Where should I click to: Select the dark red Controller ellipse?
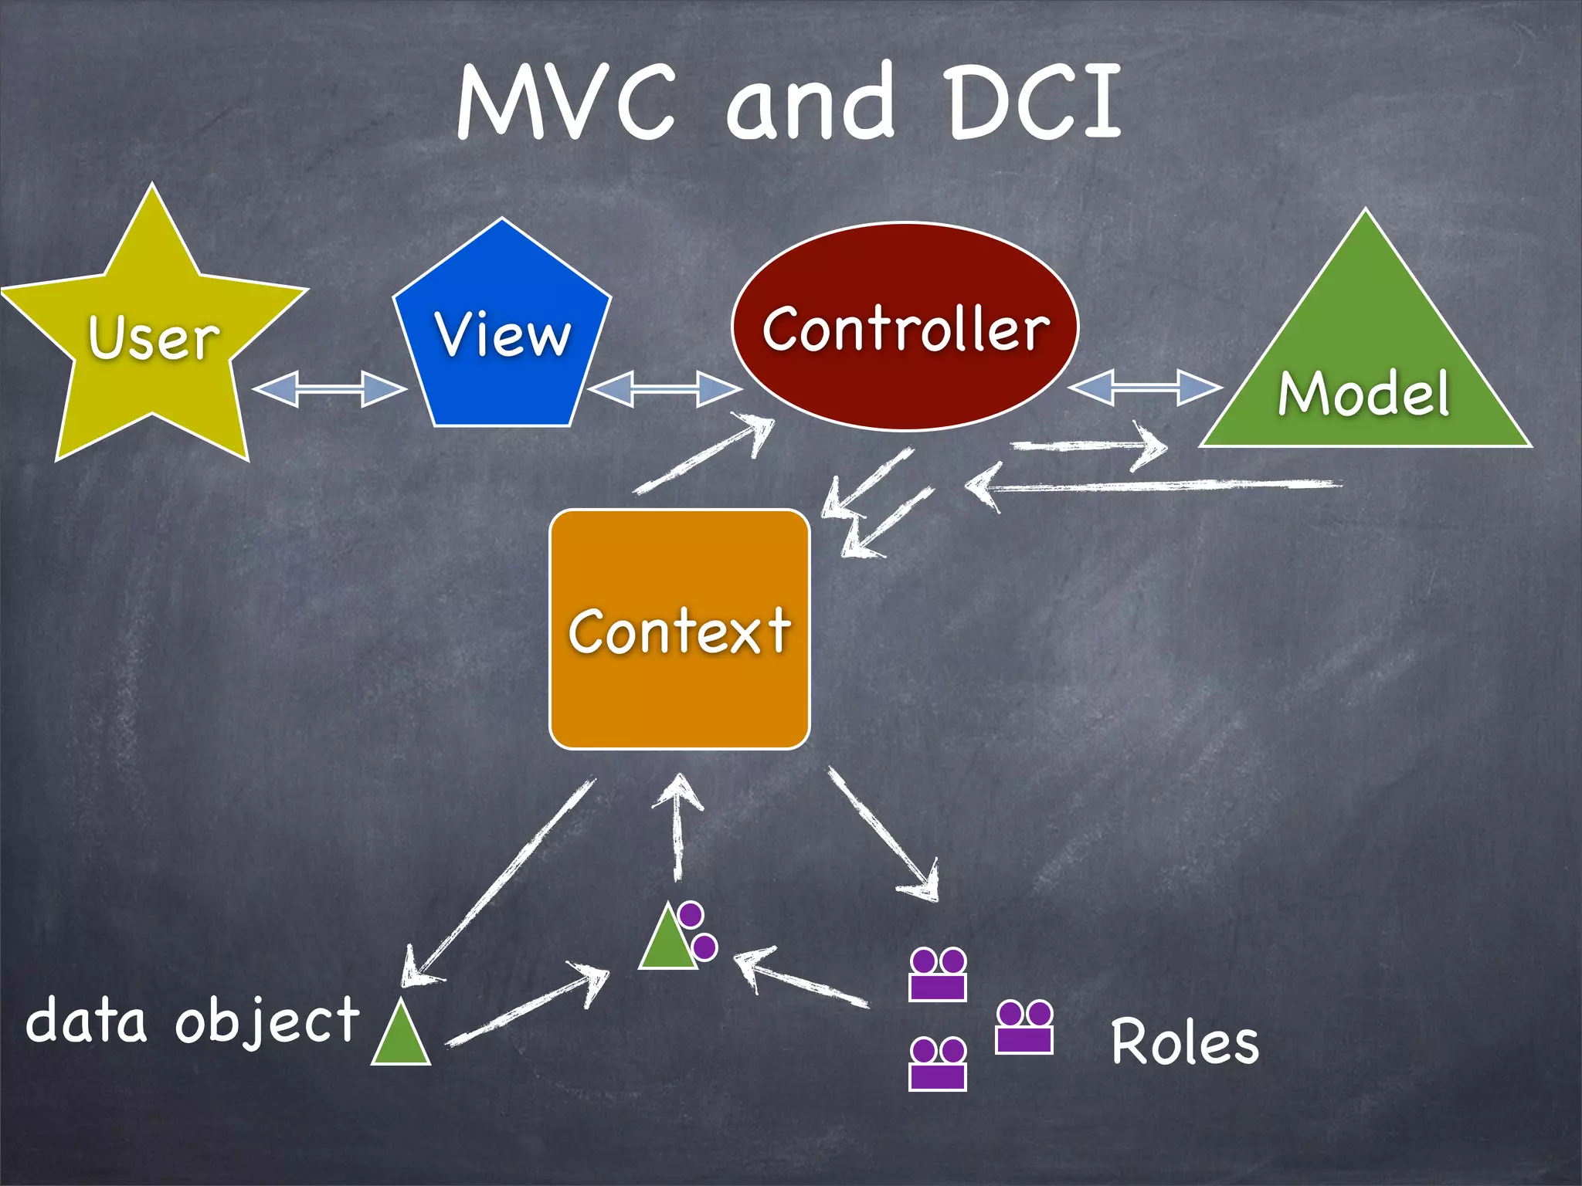click(905, 327)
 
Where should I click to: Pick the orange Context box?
click(680, 629)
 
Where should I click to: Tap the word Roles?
click(1185, 1042)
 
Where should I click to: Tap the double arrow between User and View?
click(329, 388)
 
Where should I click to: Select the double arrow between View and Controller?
click(664, 388)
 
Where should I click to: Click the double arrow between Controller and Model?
click(1145, 387)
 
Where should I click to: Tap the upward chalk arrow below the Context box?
click(678, 826)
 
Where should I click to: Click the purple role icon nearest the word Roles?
click(1024, 1027)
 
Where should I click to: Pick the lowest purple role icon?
click(938, 1064)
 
